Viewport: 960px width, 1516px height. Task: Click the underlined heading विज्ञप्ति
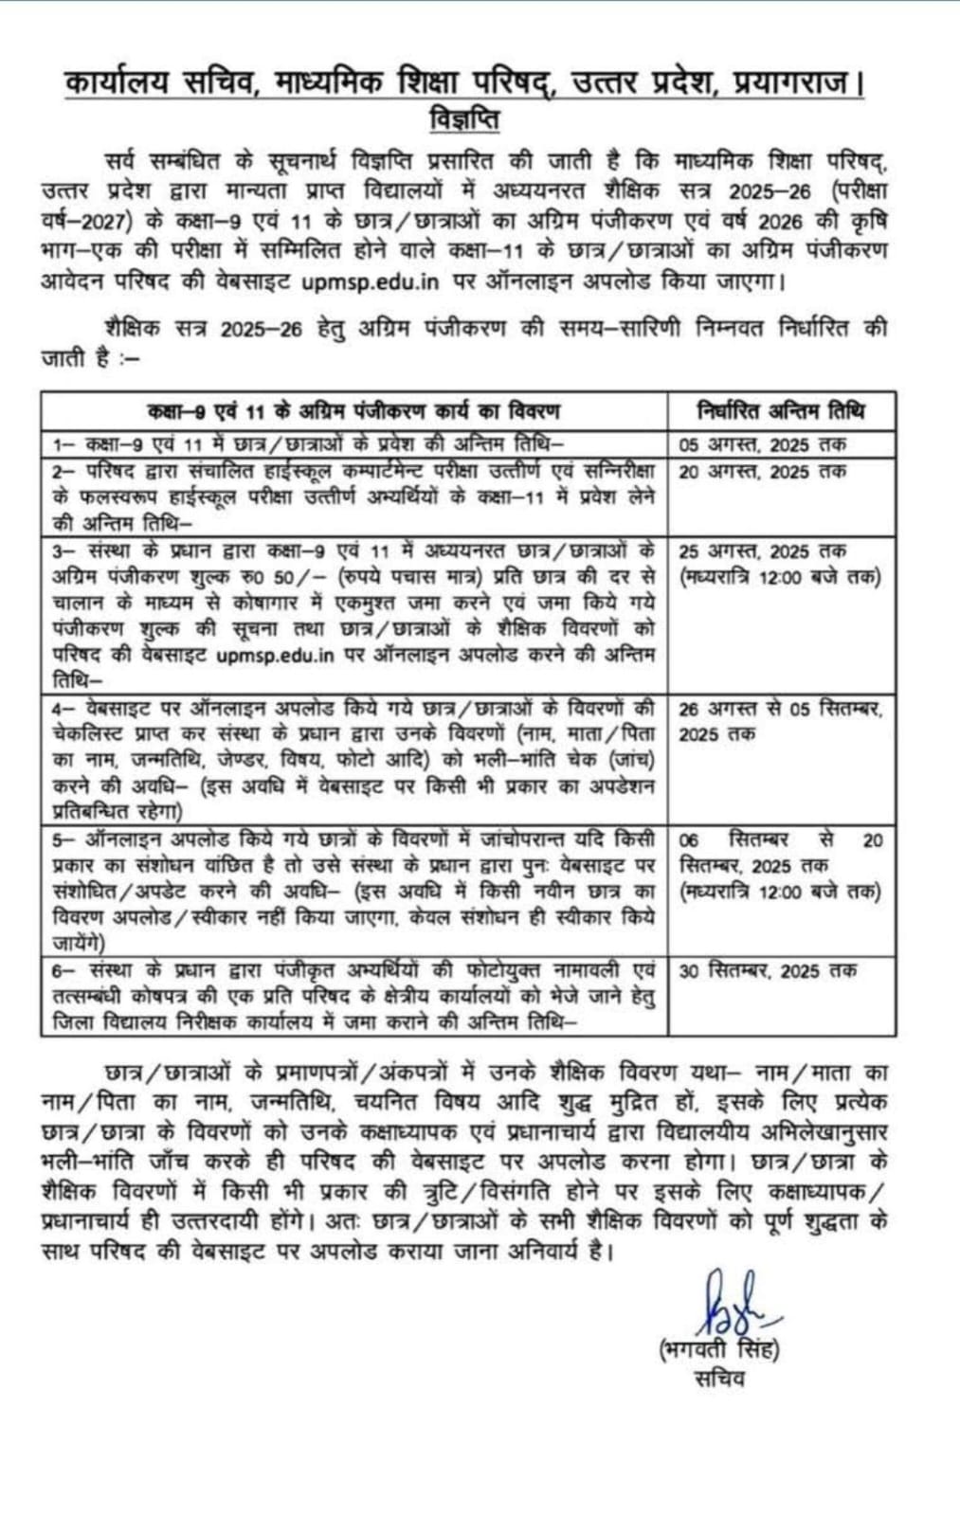(x=463, y=120)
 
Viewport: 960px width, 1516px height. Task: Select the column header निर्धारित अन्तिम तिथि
(x=781, y=411)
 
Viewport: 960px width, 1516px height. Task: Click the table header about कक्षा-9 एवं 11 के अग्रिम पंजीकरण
(x=353, y=411)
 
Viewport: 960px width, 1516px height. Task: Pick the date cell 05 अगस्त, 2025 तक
(x=762, y=444)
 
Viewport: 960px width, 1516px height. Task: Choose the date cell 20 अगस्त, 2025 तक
(x=762, y=472)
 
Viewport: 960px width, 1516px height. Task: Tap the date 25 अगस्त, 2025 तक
(x=762, y=551)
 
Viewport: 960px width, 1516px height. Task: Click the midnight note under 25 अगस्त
(x=779, y=577)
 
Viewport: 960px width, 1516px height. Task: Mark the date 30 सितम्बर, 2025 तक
(x=768, y=971)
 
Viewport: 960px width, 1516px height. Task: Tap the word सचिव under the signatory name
(x=718, y=1379)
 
